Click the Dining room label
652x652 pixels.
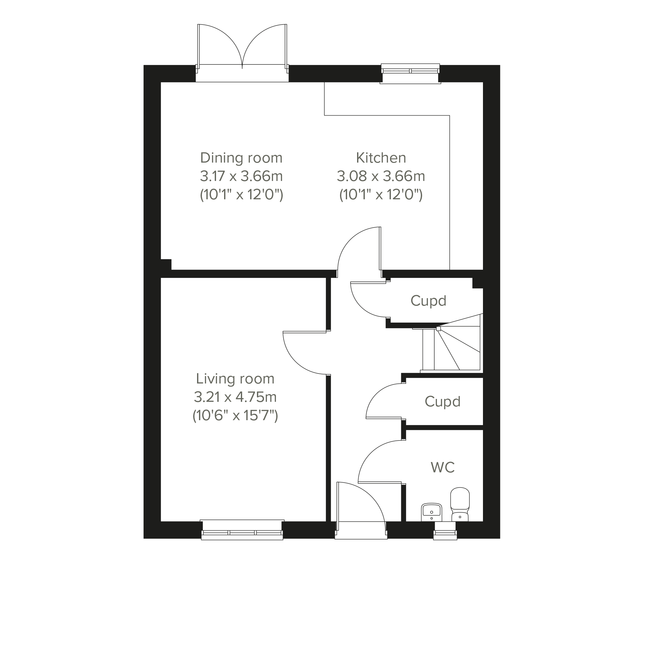point(241,158)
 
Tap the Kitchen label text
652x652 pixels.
point(381,158)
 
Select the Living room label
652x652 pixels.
point(235,379)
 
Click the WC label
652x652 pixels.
point(443,468)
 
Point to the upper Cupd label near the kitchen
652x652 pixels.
point(428,301)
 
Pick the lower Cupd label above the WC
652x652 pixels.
point(442,402)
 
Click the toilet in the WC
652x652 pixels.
point(460,504)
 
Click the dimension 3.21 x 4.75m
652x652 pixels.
point(235,397)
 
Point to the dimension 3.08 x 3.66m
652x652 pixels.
point(381,176)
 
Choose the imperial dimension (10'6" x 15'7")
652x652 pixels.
point(235,415)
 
